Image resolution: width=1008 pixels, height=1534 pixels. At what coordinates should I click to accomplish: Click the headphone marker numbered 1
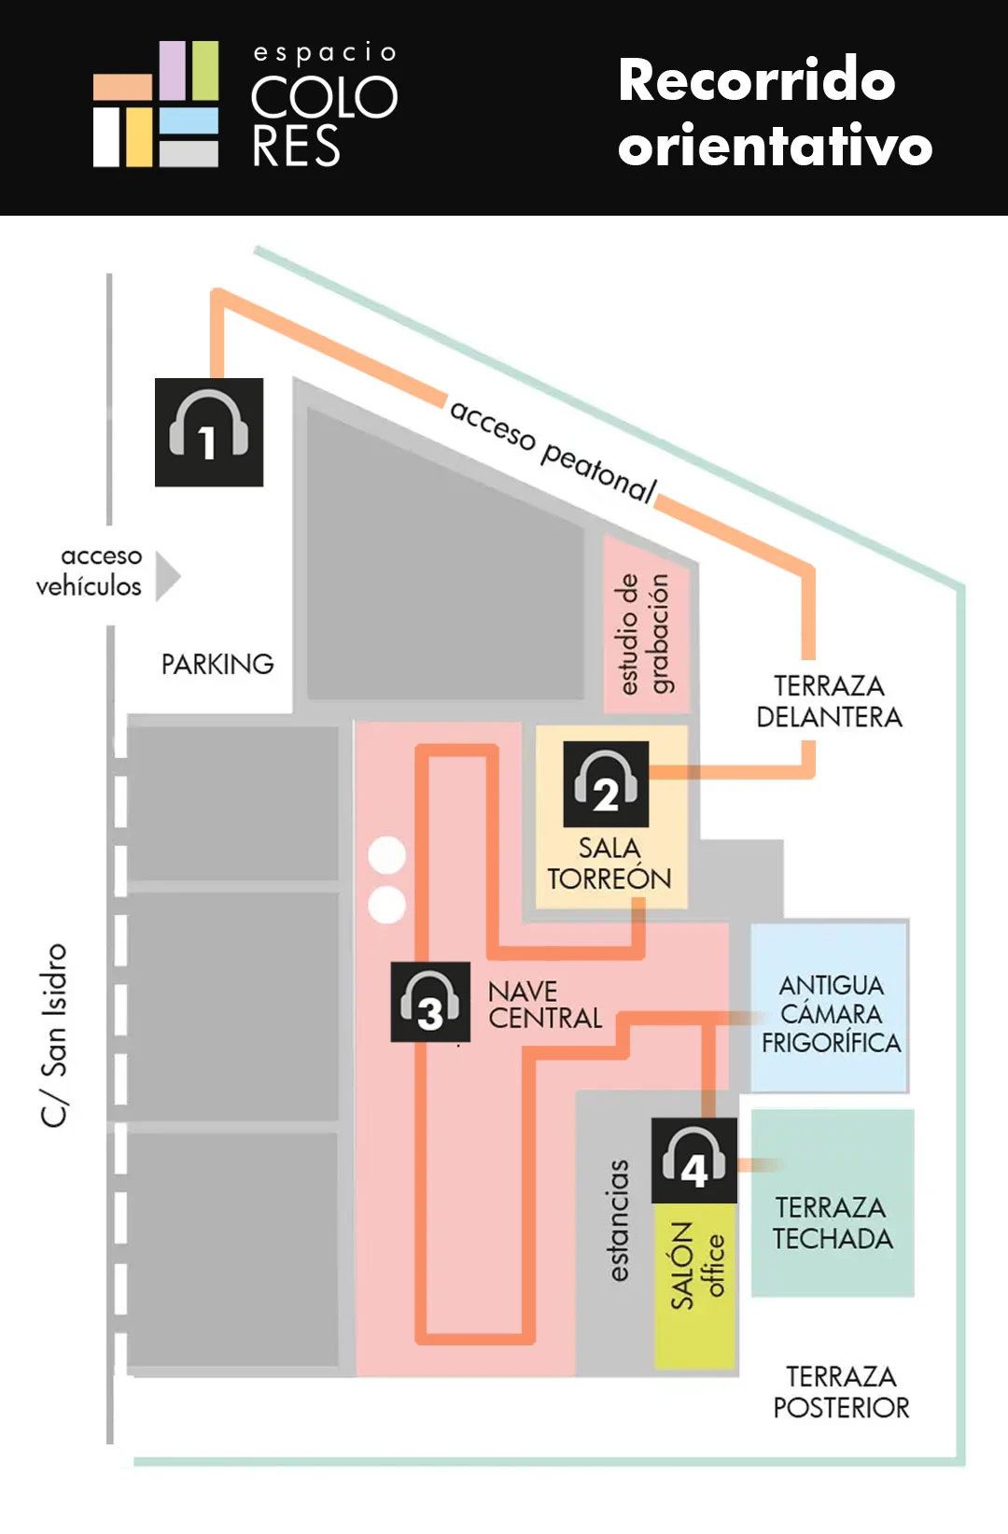(209, 432)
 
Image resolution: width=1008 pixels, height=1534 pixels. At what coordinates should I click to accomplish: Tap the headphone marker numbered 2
(606, 783)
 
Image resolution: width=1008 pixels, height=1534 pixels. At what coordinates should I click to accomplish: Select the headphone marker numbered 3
(430, 1002)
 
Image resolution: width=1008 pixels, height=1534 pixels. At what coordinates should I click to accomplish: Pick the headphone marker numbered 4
(693, 1161)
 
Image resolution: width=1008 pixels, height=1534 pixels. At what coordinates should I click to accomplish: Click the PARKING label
(217, 664)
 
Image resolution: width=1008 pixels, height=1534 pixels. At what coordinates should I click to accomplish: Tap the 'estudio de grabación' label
(645, 633)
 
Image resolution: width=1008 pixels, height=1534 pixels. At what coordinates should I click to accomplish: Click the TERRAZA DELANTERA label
(830, 701)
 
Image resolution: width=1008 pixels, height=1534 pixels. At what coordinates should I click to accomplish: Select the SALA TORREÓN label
(609, 863)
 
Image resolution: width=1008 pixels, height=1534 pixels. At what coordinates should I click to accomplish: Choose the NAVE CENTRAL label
(545, 1005)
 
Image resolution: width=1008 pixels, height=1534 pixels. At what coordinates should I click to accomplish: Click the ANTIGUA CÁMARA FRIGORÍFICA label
(832, 1014)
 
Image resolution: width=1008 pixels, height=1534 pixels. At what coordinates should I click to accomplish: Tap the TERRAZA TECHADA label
(833, 1223)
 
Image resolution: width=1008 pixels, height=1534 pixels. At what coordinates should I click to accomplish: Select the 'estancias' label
(619, 1220)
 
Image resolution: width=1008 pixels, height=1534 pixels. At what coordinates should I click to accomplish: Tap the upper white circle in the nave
(387, 855)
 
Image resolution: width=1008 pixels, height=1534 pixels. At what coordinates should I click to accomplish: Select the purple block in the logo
(173, 71)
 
